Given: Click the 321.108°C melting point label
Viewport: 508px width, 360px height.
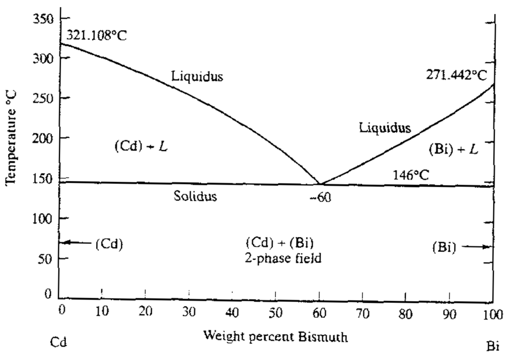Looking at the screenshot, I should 96,36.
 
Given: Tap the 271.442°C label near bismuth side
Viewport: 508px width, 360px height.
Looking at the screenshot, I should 456,75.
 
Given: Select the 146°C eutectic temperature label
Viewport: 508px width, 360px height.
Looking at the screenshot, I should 411,175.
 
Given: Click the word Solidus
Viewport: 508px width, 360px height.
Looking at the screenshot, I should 195,196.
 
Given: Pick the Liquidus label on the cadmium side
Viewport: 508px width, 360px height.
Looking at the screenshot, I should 197,76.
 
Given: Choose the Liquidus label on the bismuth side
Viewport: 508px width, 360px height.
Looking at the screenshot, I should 385,128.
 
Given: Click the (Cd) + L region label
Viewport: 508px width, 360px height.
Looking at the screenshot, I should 141,146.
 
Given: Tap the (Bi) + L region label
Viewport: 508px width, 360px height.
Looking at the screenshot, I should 453,149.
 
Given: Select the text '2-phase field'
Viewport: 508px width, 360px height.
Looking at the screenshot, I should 283,259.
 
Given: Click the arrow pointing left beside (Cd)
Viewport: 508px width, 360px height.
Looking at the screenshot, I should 76,242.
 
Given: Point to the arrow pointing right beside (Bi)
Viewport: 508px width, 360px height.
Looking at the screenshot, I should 475,247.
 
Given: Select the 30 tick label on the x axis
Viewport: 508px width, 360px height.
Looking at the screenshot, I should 189,312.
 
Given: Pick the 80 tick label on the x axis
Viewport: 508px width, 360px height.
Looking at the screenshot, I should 405,314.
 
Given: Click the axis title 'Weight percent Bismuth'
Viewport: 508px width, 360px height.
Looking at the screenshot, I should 275,336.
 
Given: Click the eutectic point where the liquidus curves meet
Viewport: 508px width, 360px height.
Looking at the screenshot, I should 320,183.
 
